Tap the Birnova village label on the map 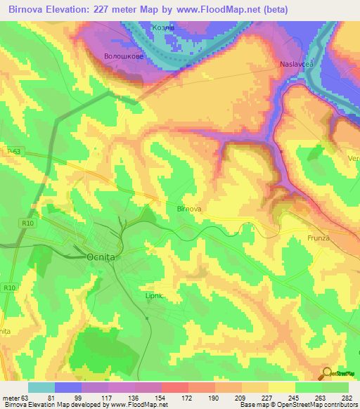[189, 209]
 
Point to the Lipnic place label [154, 296]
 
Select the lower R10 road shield [9, 287]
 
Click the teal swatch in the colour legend [41, 387]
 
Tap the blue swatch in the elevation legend [68, 387]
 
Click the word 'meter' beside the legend [11, 398]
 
